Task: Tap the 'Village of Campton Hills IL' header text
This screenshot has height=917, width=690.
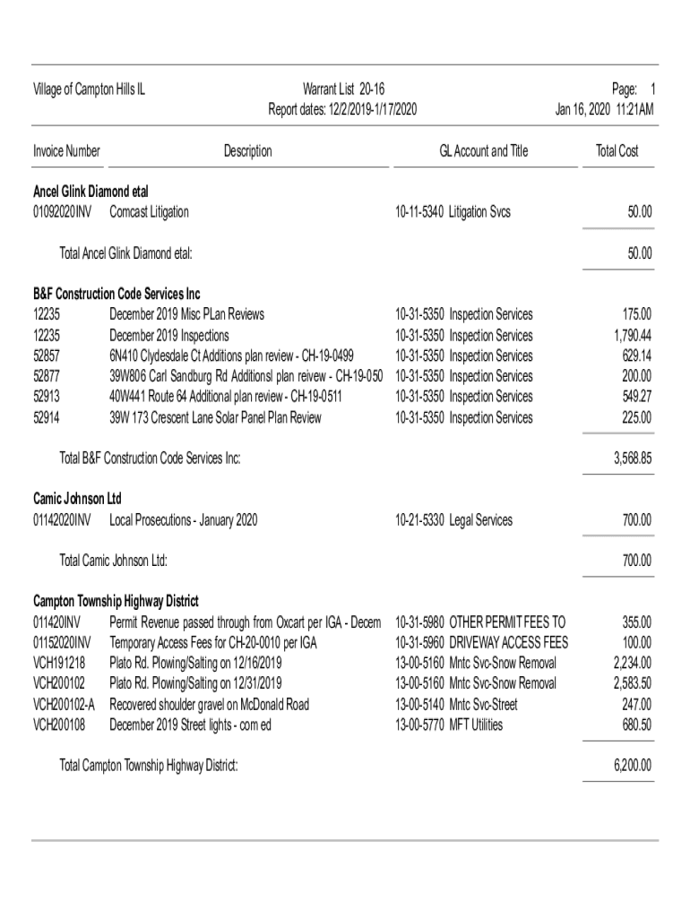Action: [90, 90]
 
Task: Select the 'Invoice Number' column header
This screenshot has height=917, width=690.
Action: [67, 151]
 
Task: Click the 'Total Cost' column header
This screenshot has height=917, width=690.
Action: [617, 151]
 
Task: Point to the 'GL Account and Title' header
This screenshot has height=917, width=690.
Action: [483, 151]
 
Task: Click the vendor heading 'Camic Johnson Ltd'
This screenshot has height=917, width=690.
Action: [77, 499]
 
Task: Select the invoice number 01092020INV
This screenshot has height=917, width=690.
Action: [63, 212]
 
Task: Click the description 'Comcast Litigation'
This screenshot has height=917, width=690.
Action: [149, 212]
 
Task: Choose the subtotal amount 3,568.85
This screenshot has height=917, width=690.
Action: [633, 458]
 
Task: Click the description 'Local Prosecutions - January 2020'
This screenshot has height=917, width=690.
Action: [184, 519]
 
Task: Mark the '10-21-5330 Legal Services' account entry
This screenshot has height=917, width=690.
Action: [453, 519]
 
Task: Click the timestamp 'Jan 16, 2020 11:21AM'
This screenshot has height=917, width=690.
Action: [605, 110]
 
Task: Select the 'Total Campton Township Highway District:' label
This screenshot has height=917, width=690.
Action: [149, 766]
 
